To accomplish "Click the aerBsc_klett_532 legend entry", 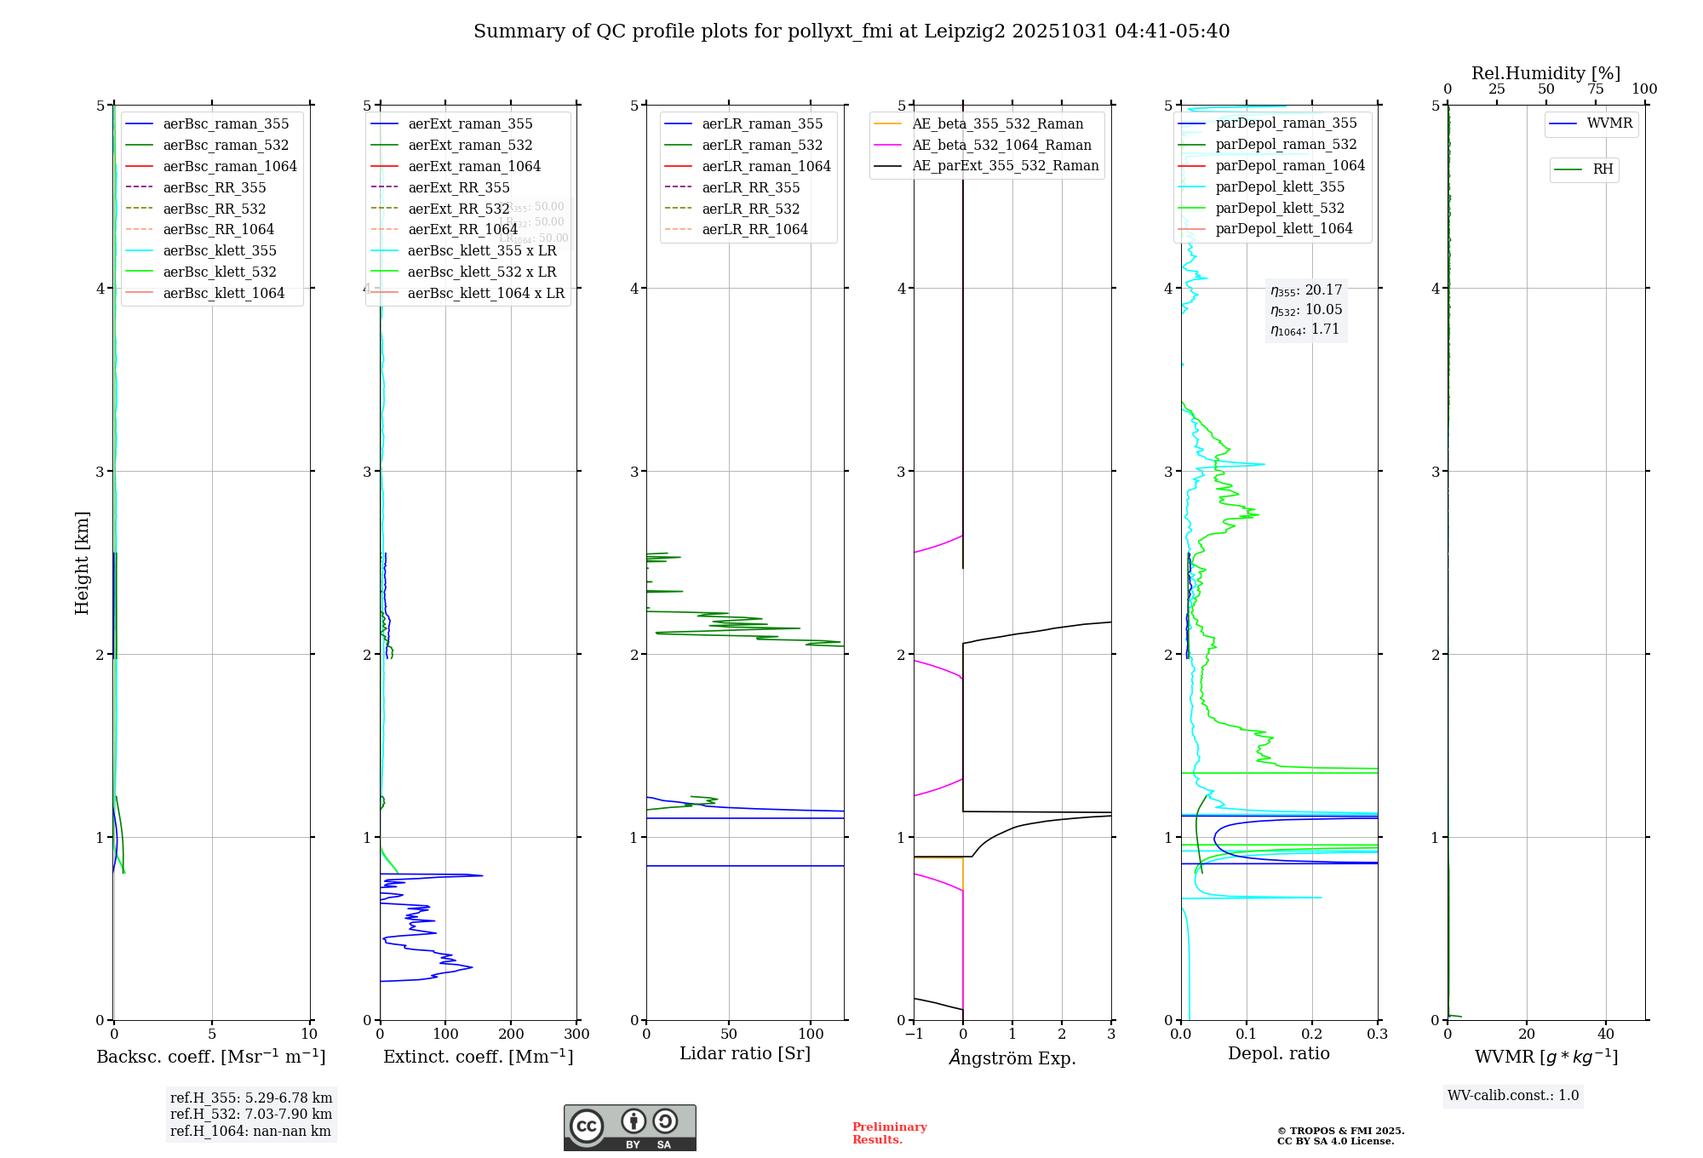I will (219, 272).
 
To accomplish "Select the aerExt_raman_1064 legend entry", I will (473, 166).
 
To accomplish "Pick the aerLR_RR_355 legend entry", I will (750, 187).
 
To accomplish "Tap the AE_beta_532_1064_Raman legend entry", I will (1001, 145).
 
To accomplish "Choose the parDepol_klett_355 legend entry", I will (1279, 186).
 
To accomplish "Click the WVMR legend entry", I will (1608, 123).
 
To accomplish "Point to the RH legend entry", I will (1602, 169).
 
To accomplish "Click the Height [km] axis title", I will (82, 562).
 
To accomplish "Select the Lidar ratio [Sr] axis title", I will (745, 1053).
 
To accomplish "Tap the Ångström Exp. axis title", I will (1012, 1058).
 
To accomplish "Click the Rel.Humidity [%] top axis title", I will (1545, 73).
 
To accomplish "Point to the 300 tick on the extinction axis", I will (576, 1035).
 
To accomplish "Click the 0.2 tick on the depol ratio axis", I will (1312, 1035).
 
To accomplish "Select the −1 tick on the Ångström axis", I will (914, 1035).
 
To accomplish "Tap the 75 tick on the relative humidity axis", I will (1595, 89).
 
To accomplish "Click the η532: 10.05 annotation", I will (1306, 309).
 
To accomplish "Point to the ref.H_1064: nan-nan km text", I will (250, 1131).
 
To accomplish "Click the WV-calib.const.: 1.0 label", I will (1513, 1096).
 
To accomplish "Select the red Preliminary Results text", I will (889, 1133).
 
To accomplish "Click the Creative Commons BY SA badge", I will (629, 1127).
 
